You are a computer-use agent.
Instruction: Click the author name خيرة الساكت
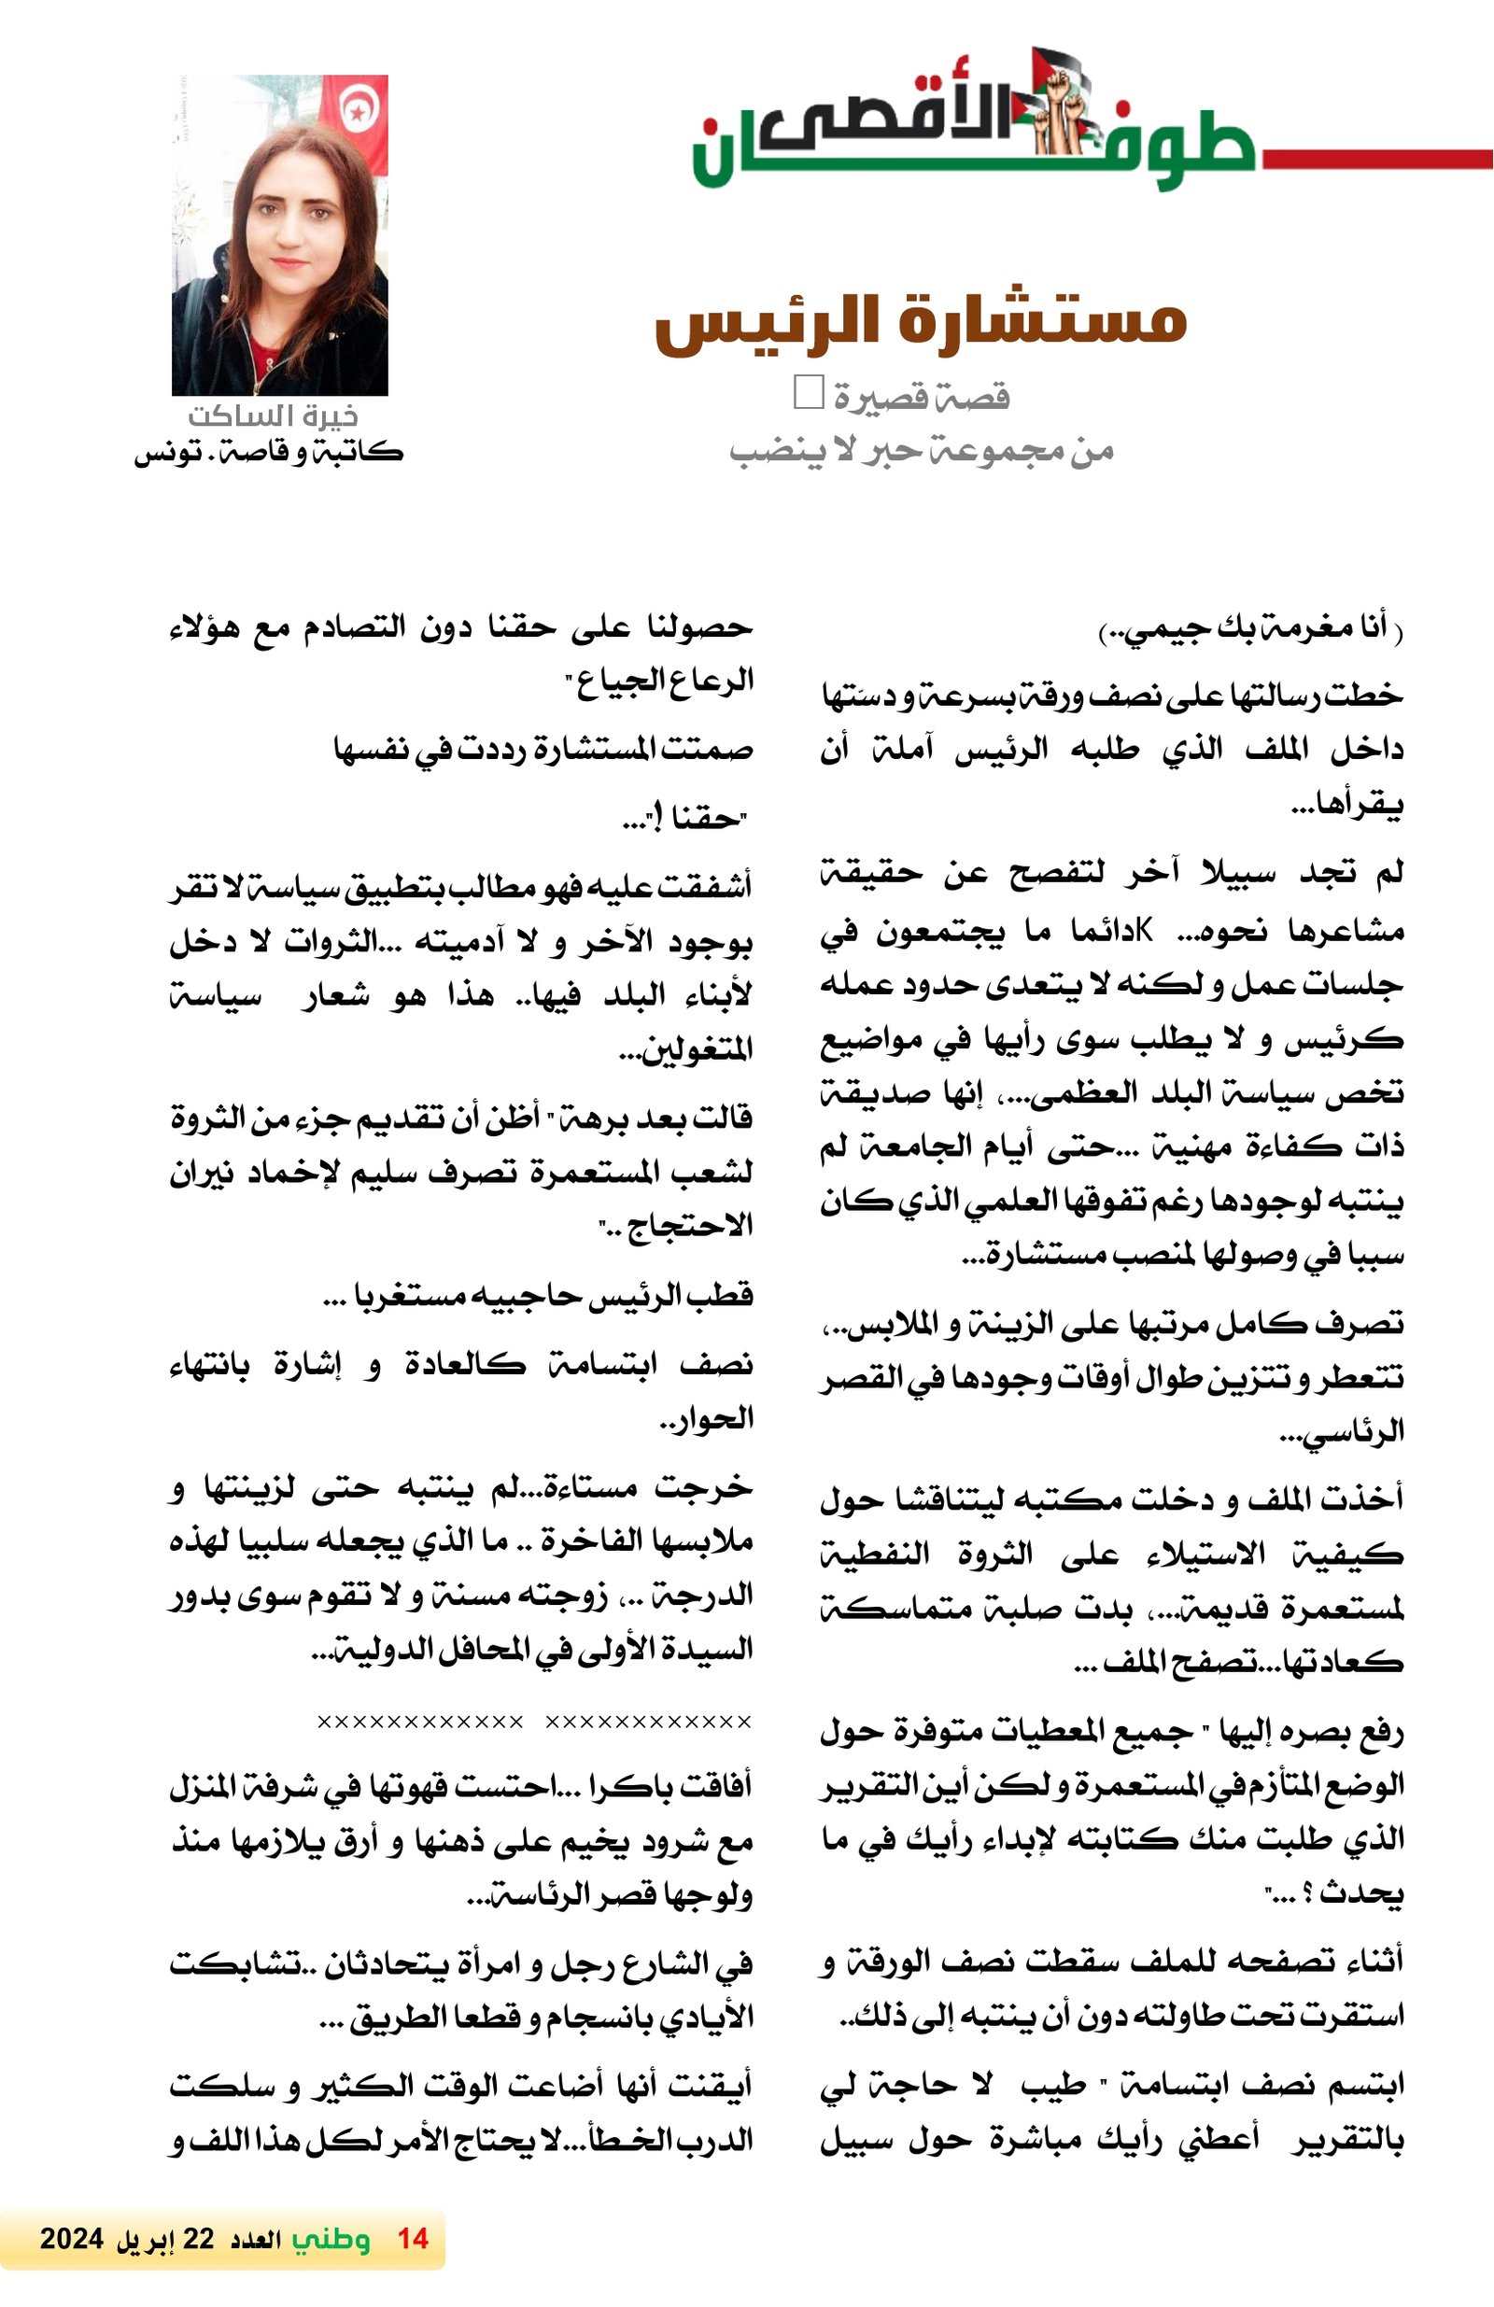(x=273, y=415)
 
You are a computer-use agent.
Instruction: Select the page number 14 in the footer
(x=413, y=2238)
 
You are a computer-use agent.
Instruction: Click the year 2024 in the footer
(x=71, y=2238)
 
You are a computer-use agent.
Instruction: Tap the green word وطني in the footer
(x=331, y=2239)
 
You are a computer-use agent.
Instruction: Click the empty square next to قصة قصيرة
(x=808, y=391)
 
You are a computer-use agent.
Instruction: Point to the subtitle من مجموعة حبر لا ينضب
(x=920, y=451)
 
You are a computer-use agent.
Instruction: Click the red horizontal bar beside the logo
(x=1376, y=159)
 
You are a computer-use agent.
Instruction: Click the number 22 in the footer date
(x=198, y=2238)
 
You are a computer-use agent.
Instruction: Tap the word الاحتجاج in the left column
(x=689, y=1226)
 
